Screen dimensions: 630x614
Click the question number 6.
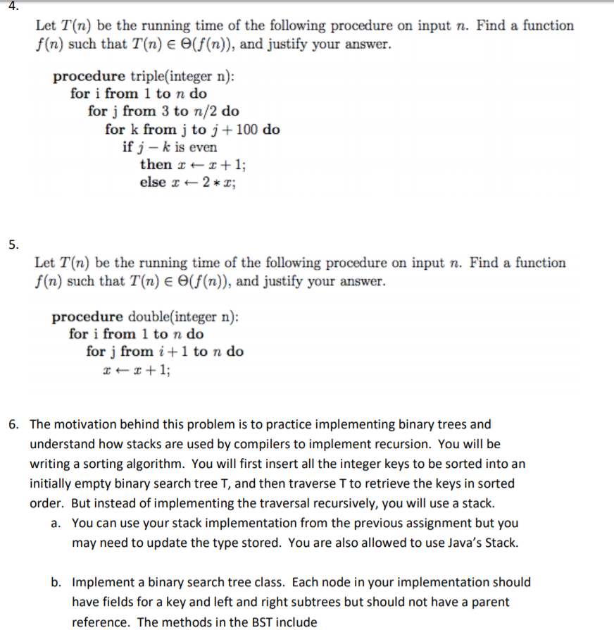[x=13, y=424]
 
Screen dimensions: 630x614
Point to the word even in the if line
[x=203, y=147]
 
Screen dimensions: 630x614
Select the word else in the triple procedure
[x=153, y=182]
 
